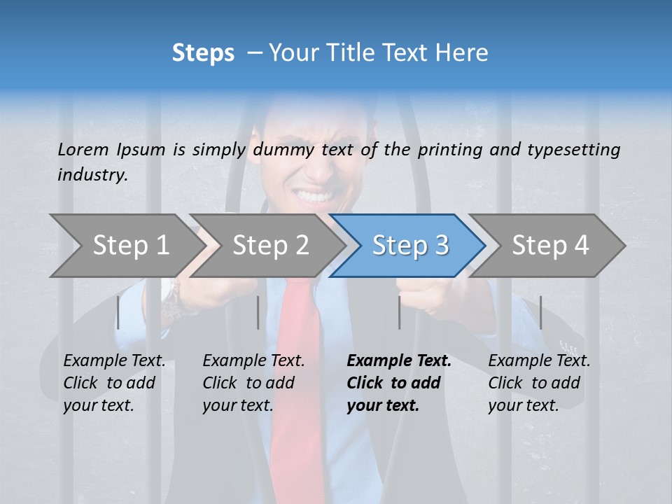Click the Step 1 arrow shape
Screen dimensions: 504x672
(x=126, y=246)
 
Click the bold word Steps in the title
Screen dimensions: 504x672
(x=203, y=52)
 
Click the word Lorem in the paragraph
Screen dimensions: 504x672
(x=83, y=149)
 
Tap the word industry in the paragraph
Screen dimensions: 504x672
(x=92, y=174)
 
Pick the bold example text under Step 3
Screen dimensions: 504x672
(x=399, y=383)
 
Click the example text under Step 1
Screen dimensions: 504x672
(x=114, y=383)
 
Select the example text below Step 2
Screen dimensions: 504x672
(x=253, y=383)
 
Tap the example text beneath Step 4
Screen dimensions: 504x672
(x=539, y=383)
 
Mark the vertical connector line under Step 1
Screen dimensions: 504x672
(x=118, y=312)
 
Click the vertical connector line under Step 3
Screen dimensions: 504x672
(x=399, y=312)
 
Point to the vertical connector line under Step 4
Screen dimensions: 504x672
(x=540, y=312)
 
